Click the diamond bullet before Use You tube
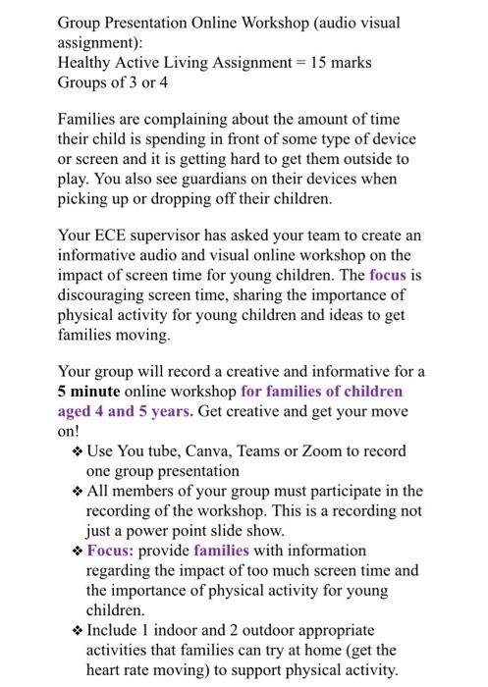click(78, 452)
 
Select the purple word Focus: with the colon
click(113, 551)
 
